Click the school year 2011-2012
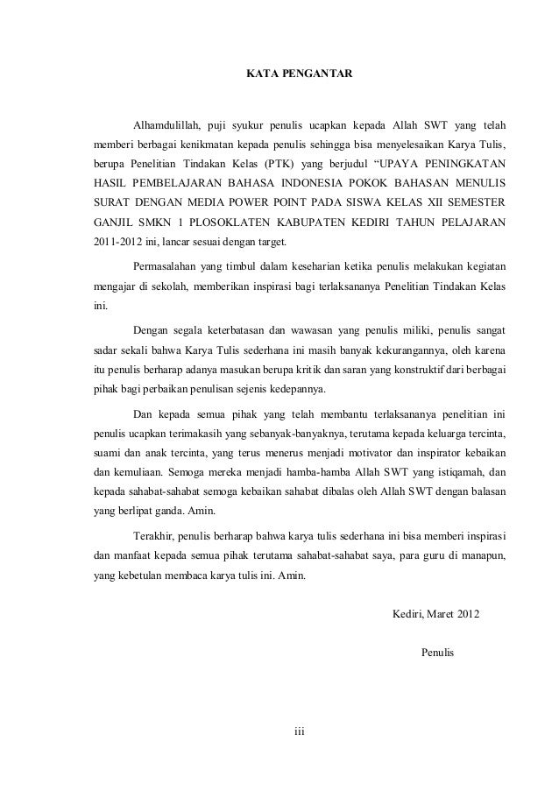click(x=120, y=244)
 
